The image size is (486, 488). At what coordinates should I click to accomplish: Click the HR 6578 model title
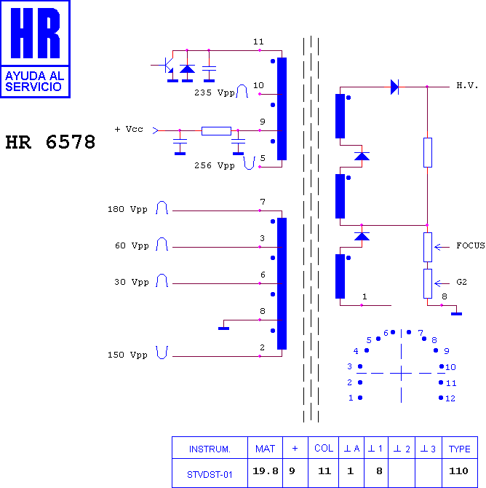(x=50, y=142)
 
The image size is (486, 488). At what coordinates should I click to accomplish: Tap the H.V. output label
(x=467, y=85)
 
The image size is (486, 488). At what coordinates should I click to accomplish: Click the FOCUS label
(x=471, y=245)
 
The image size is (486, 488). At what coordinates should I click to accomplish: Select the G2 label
(x=461, y=282)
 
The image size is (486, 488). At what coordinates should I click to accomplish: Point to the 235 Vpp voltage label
(x=215, y=93)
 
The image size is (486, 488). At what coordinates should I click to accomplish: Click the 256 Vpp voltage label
(x=215, y=165)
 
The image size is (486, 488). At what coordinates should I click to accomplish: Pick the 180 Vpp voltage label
(x=127, y=209)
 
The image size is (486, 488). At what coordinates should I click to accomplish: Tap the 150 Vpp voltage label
(x=127, y=355)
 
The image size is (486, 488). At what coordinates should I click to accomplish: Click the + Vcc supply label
(x=129, y=129)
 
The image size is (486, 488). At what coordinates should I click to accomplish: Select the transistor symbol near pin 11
(x=168, y=66)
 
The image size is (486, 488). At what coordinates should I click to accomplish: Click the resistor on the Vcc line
(x=216, y=131)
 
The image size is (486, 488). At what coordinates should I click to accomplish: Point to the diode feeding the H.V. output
(x=394, y=87)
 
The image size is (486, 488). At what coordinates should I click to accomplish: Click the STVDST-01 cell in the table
(x=210, y=475)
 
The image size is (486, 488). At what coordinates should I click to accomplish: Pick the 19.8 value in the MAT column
(x=266, y=471)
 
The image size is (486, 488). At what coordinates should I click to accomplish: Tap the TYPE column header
(x=460, y=449)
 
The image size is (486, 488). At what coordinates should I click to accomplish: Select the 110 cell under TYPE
(x=458, y=471)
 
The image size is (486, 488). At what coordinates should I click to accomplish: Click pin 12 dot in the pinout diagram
(x=441, y=398)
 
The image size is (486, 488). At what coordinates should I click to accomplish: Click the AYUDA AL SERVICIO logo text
(x=34, y=82)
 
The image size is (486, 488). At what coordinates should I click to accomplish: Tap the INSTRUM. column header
(x=210, y=449)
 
